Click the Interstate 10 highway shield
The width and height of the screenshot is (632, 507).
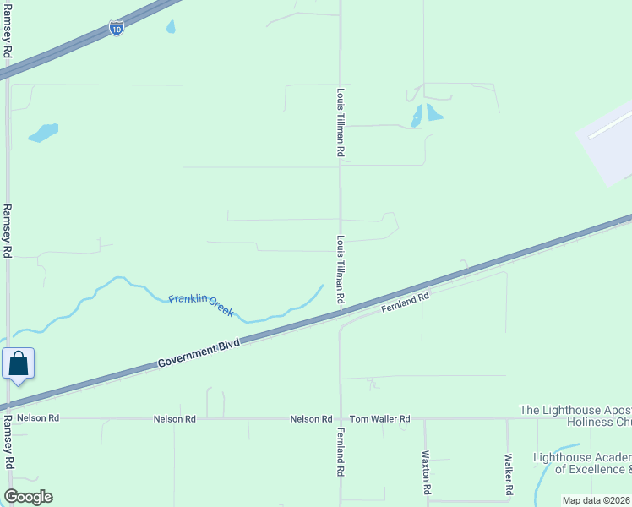click(117, 29)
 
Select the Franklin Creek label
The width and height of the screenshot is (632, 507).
click(201, 305)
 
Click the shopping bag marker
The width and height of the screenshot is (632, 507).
click(19, 365)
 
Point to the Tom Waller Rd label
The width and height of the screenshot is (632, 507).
click(379, 419)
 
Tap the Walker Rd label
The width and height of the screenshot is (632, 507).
click(509, 474)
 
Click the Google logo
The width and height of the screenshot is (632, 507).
click(28, 497)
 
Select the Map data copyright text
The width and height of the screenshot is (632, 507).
click(597, 500)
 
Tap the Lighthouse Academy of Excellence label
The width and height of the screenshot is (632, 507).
click(582, 463)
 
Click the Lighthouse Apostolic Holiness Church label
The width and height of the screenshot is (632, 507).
click(575, 416)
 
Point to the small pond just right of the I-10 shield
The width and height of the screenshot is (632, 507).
click(171, 27)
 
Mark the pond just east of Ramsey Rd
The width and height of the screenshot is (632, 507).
click(43, 133)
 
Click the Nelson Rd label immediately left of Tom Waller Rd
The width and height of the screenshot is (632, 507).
click(311, 419)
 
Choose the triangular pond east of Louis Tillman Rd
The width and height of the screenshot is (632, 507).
click(433, 112)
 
